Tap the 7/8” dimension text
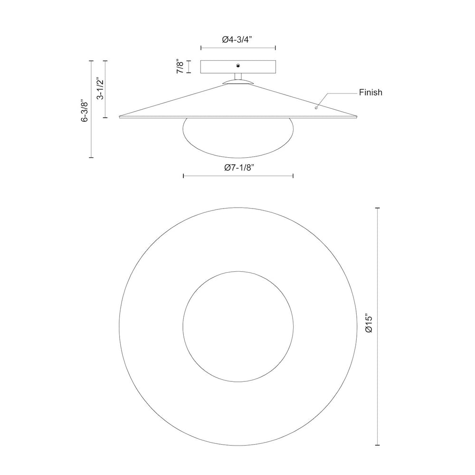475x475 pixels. tap(180, 66)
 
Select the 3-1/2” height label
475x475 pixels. tap(100, 89)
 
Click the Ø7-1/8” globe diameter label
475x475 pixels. tap(238, 168)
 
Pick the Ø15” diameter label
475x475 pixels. tap(369, 324)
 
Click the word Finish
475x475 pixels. tap(370, 92)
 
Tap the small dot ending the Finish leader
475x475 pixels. tap(316, 108)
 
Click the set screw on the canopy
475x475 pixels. tap(238, 66)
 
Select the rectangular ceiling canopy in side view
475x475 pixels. tap(238, 66)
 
